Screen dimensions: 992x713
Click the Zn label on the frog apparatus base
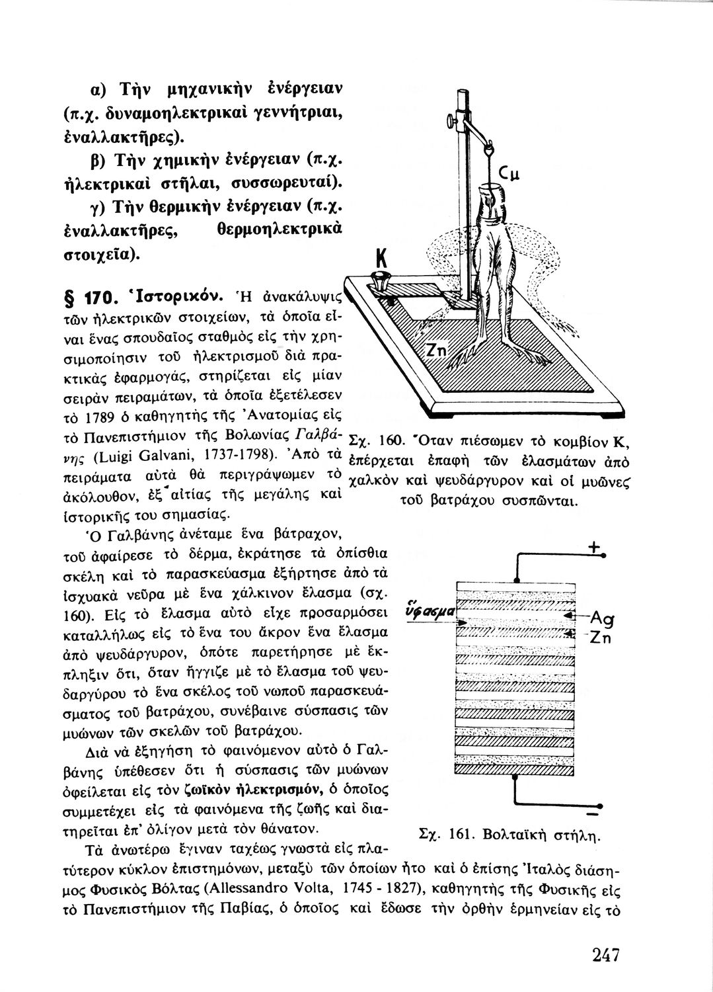click(435, 351)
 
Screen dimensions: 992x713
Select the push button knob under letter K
click(380, 280)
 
